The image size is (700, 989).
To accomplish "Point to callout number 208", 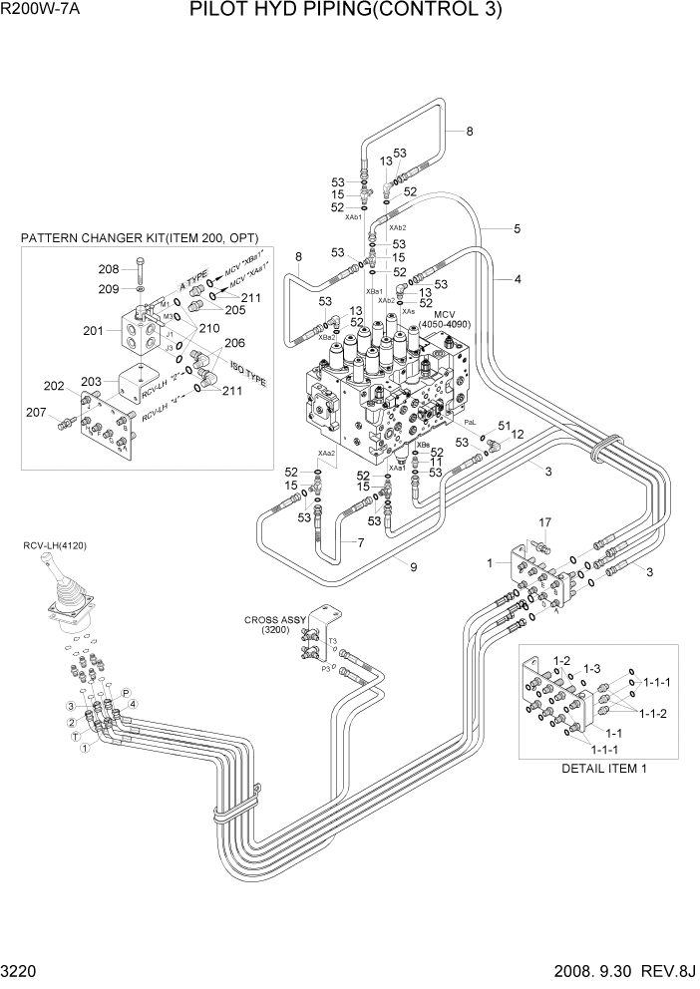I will click(x=109, y=269).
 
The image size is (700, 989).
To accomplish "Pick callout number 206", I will click(x=235, y=342).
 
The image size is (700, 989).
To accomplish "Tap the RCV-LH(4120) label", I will click(x=56, y=545).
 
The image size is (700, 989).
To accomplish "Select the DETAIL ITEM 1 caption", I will click(x=604, y=769).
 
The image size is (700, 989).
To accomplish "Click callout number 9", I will click(x=413, y=567).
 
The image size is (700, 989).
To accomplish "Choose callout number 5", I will click(x=517, y=228).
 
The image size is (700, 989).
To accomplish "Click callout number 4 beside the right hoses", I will click(x=518, y=280).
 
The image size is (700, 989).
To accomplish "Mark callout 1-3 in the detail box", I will click(x=590, y=668).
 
